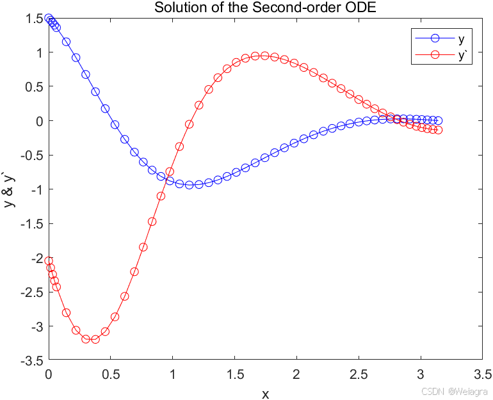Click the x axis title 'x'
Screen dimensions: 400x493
pyautogui.click(x=265, y=394)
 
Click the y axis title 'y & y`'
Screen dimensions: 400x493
pyautogui.click(x=9, y=189)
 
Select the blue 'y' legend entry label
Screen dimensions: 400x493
pyautogui.click(x=461, y=40)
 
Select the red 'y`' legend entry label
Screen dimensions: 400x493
pyautogui.click(x=462, y=55)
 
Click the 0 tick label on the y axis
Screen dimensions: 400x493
pyautogui.click(x=40, y=121)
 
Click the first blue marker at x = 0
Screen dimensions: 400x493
pyautogui.click(x=49, y=19)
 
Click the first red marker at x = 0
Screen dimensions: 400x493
pyautogui.click(x=49, y=261)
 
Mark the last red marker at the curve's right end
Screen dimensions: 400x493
pyautogui.click(x=438, y=130)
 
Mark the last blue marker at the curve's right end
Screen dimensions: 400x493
pyautogui.click(x=438, y=120)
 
